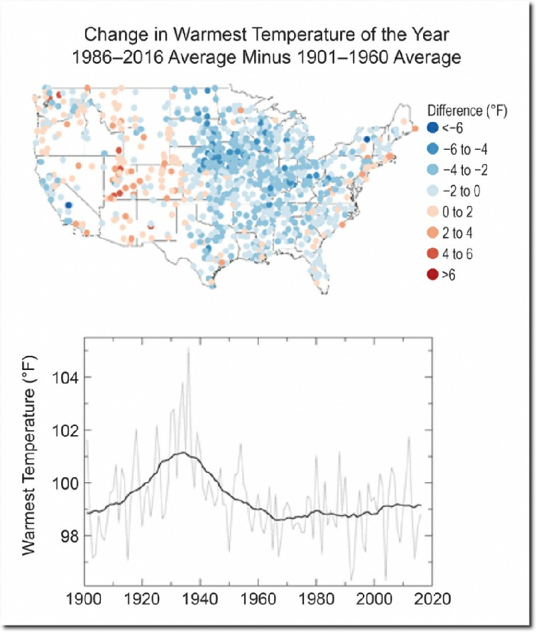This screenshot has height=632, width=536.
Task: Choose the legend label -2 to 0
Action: pos(466,190)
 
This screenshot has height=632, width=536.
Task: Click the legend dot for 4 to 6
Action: pos(432,253)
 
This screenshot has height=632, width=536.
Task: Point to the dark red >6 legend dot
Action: pos(432,273)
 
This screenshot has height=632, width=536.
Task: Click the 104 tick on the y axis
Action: pos(65,377)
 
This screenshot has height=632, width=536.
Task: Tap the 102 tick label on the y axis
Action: pos(65,430)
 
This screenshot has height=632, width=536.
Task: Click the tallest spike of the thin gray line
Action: pos(188,347)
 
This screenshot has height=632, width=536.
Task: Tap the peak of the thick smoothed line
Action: pos(183,452)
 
